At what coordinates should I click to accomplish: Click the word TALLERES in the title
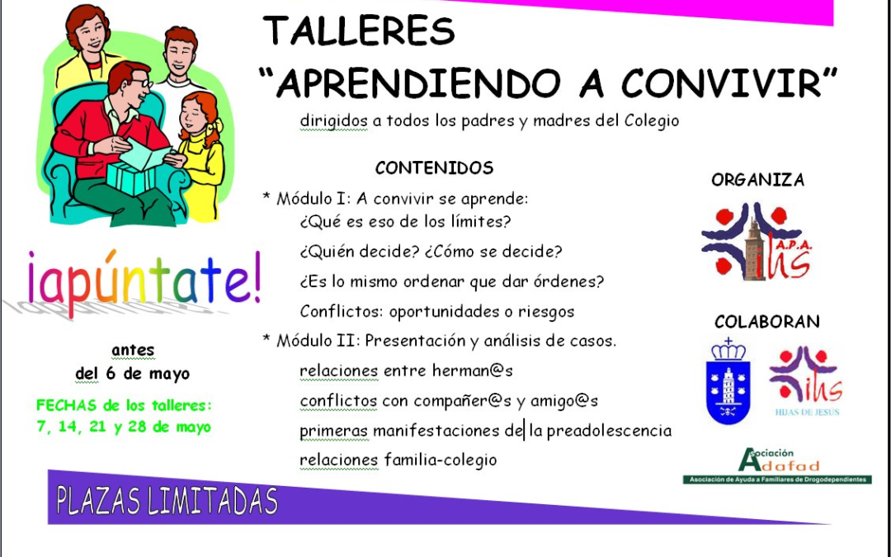[x=359, y=32]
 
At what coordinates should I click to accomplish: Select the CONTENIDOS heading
[x=434, y=168]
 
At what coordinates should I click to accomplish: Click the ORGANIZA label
[x=757, y=180]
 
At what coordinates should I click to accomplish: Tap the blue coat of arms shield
[x=728, y=381]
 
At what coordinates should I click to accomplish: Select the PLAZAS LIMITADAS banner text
[x=166, y=500]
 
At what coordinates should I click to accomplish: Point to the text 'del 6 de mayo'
[x=132, y=374]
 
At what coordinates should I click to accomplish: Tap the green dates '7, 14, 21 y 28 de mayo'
[x=123, y=427]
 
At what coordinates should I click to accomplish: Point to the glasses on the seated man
[x=140, y=83]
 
